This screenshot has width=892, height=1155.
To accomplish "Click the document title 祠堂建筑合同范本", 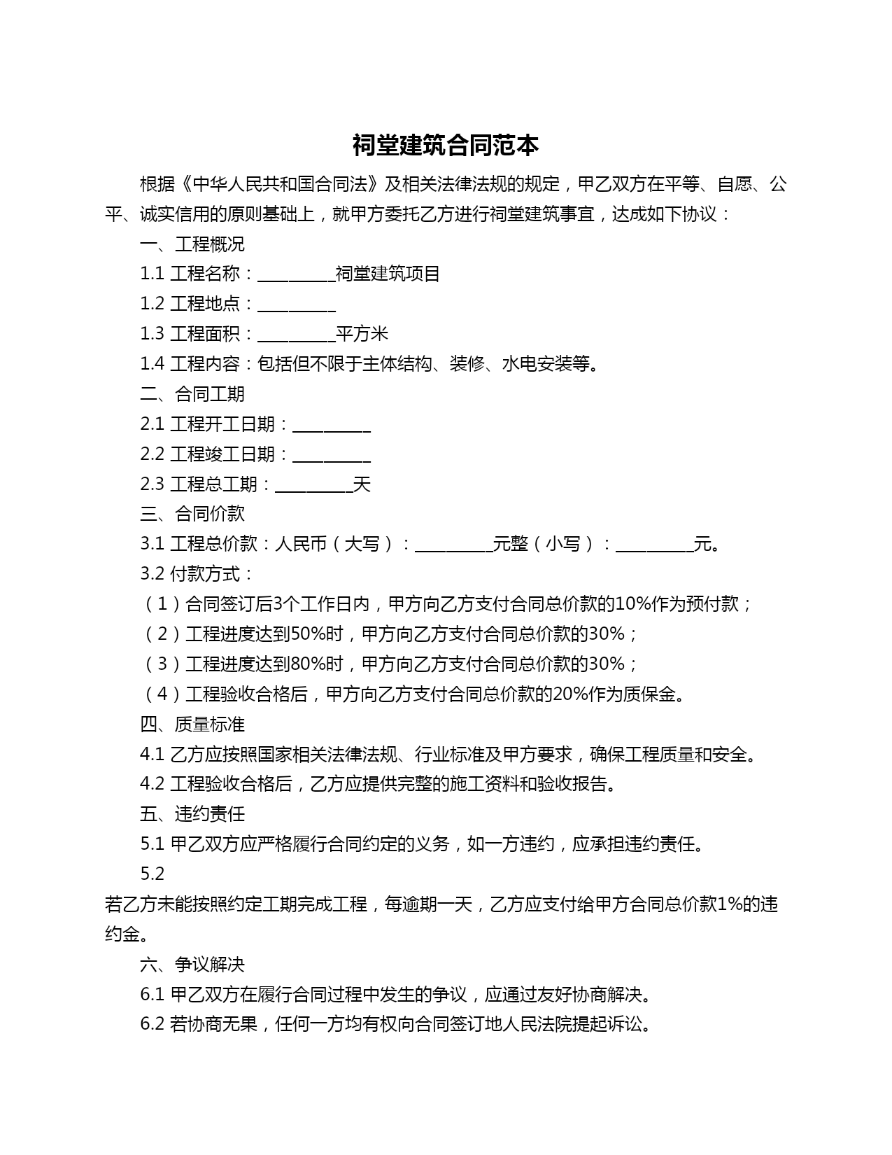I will point(446,146).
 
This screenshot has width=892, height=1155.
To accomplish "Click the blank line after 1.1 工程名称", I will point(296,275).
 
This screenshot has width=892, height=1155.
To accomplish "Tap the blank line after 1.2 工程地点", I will point(296,305).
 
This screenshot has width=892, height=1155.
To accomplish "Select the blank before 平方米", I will point(296,335).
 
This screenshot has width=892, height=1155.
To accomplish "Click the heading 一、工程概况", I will point(192,244).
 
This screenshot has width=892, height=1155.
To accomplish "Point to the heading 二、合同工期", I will point(192,394).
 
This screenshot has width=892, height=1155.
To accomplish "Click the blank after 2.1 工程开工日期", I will point(331,426).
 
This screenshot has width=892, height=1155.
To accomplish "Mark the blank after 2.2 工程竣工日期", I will point(331,456).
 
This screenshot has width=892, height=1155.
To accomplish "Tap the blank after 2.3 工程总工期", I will point(313,486).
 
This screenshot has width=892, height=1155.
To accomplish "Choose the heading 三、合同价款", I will point(192,514).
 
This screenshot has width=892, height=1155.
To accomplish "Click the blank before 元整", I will point(453,545).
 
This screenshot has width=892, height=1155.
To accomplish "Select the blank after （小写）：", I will point(653,545).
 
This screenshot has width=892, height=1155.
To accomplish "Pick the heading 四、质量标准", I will point(192,724).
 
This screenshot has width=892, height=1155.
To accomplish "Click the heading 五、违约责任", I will point(192,814).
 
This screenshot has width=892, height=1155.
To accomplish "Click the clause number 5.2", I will point(153,874).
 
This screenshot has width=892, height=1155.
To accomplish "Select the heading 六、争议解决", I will point(192,965).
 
